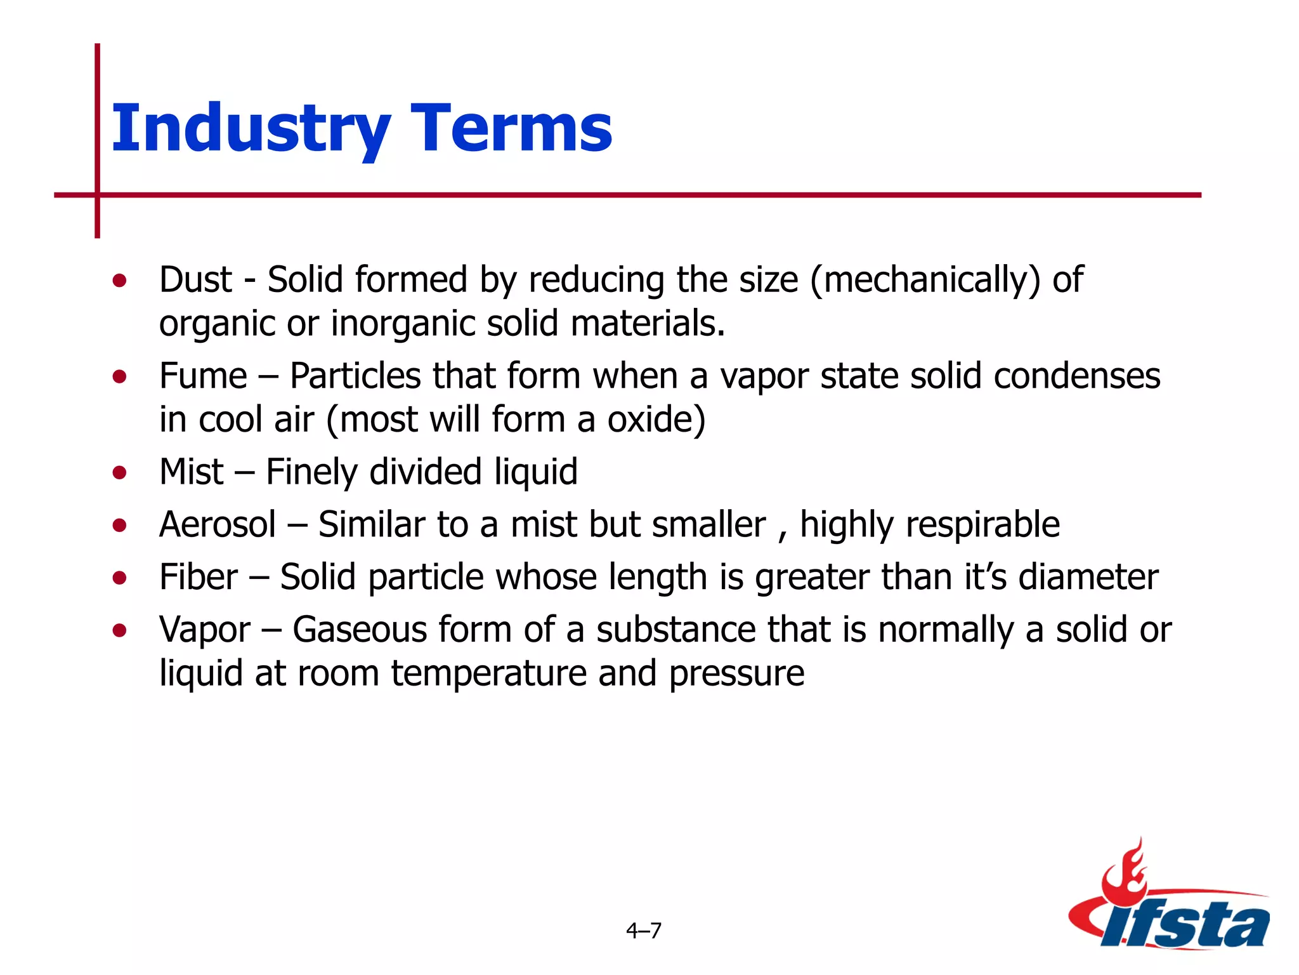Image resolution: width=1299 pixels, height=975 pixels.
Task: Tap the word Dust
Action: click(x=195, y=279)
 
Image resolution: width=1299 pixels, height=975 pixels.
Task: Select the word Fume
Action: click(x=203, y=376)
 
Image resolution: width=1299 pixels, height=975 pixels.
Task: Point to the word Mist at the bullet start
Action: click(x=191, y=472)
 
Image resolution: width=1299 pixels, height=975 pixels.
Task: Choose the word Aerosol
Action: click(x=218, y=524)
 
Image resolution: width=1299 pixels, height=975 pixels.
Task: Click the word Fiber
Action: click(x=199, y=577)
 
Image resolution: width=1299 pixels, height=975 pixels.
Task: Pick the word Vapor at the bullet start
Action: click(x=205, y=630)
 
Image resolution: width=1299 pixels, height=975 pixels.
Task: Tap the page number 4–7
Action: click(x=643, y=931)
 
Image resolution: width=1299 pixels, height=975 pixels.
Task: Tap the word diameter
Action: click(x=1088, y=577)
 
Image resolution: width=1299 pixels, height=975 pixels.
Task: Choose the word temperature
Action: click(x=488, y=673)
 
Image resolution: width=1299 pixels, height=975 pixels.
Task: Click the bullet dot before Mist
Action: click(x=119, y=472)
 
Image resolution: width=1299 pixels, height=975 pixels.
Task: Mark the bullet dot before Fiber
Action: click(x=119, y=578)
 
